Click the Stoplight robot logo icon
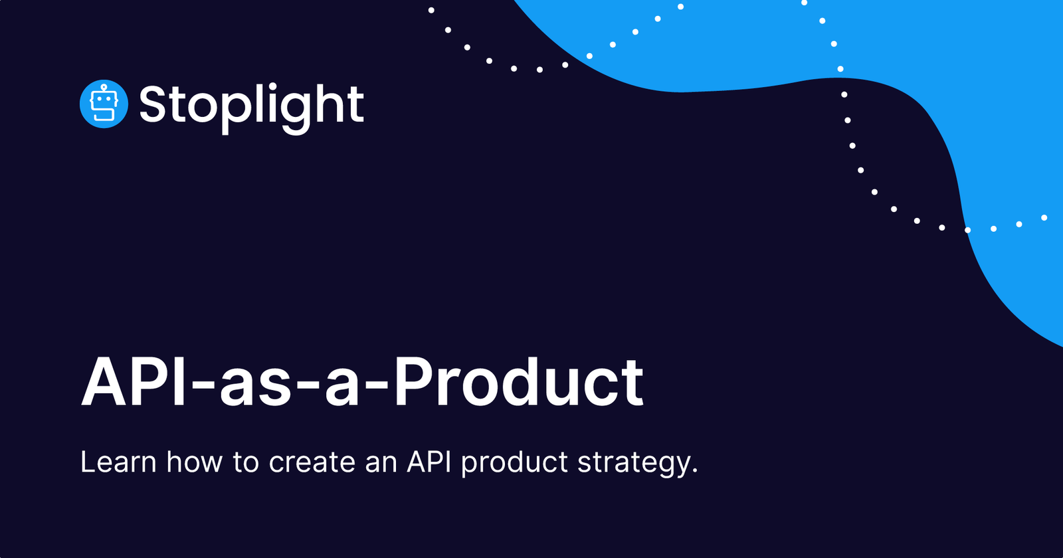104,104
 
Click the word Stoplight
251,105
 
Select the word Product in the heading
518,384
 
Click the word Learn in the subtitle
118,462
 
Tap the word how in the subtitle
194,462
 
